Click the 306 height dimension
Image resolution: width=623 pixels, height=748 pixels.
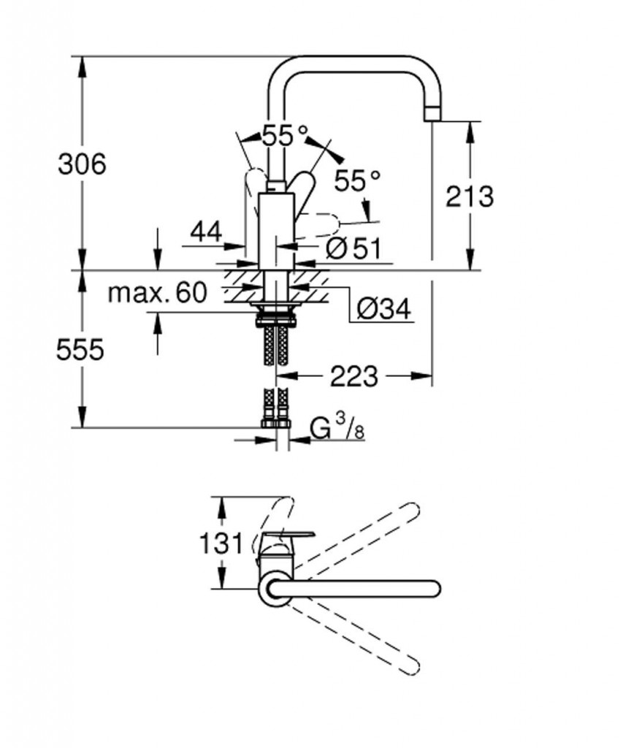pos(82,164)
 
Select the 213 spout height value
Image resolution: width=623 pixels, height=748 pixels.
pos(470,196)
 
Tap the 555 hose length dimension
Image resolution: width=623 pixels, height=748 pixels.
pos(81,351)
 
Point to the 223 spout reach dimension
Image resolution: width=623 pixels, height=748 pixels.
pos(354,377)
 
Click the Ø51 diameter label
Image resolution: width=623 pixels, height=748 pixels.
pos(353,248)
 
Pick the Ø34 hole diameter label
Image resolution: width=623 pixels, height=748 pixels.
pos(384,310)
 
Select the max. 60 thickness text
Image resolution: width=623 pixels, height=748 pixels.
pos(157,293)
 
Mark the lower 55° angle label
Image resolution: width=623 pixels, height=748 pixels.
pos(358,179)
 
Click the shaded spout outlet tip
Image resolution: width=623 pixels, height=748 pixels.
pos(433,112)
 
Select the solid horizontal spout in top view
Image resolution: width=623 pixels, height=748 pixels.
pos(358,589)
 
